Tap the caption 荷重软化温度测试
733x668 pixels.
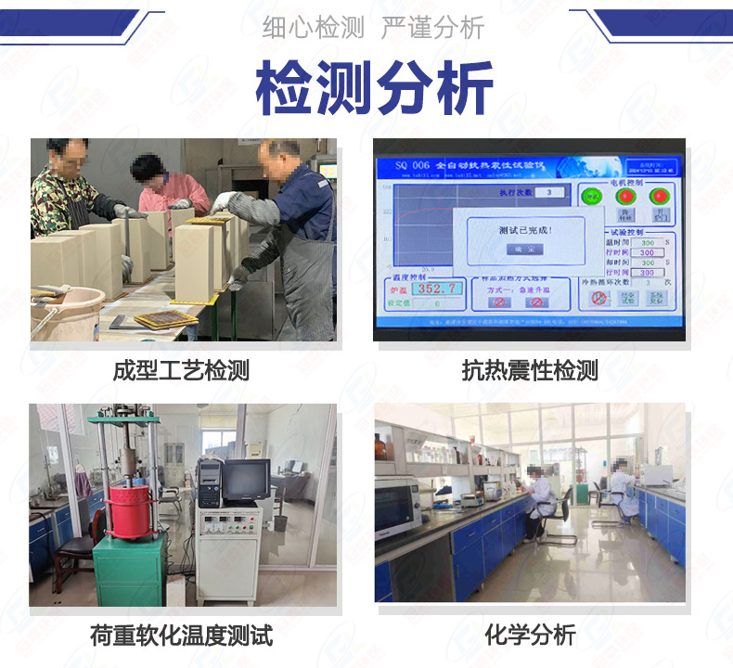[x=182, y=636]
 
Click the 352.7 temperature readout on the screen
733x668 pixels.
[x=437, y=289]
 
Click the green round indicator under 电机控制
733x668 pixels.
[x=590, y=196]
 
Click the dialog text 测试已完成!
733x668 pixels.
[x=524, y=229]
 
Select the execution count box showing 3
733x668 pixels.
[x=550, y=192]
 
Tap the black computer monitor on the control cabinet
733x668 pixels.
[x=245, y=481]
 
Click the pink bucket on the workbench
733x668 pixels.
[x=65, y=310]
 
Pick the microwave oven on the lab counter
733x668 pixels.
[x=397, y=505]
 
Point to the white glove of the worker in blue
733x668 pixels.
[x=224, y=200]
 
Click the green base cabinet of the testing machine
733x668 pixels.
[x=129, y=570]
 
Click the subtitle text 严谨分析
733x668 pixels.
[x=432, y=29]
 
